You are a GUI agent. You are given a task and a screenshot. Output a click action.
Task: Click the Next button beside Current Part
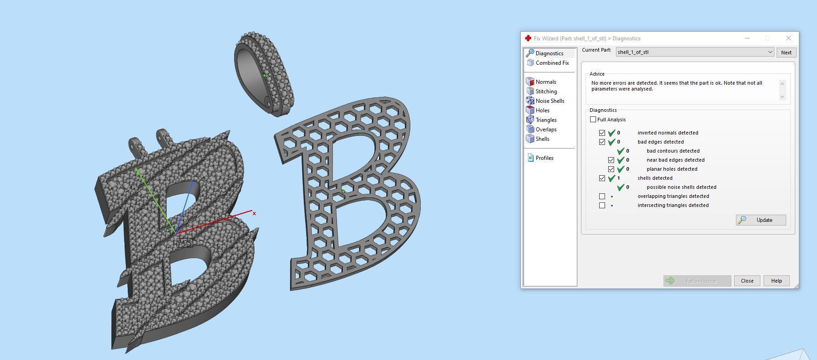point(786,53)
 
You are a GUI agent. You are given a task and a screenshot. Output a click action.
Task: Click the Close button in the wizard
point(747,281)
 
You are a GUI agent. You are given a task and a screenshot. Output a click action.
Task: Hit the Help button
point(776,281)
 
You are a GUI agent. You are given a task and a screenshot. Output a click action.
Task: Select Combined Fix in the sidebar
point(552,63)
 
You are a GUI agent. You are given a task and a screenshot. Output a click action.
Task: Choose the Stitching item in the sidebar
point(546,91)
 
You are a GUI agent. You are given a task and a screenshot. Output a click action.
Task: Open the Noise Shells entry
point(549,101)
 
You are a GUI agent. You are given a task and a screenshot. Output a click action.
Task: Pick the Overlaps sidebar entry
point(546,130)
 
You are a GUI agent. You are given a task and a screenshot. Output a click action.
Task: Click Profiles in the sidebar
point(544,158)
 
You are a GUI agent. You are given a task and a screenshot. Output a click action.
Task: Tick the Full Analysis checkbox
point(593,120)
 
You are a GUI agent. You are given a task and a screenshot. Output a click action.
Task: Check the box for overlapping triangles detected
point(602,196)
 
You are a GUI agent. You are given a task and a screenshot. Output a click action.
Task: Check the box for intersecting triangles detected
point(602,205)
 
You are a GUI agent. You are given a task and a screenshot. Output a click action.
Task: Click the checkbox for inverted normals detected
point(602,133)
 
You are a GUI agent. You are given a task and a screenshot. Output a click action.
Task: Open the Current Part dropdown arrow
point(770,52)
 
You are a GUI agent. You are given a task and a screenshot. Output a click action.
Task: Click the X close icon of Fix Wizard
point(788,38)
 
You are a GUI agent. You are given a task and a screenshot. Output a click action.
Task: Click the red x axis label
point(255,213)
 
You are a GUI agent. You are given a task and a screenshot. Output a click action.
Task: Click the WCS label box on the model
point(184,243)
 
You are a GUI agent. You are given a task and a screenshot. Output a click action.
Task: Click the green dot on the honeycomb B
point(343,192)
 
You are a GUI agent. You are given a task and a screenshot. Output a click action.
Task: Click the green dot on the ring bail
point(264,76)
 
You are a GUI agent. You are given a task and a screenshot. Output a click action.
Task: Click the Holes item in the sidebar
point(542,110)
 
